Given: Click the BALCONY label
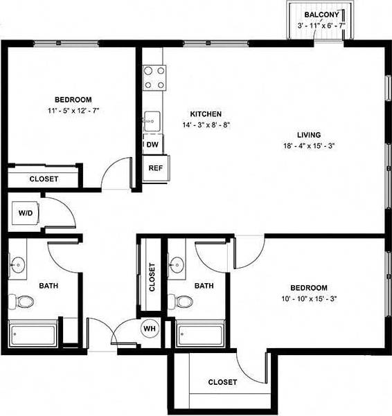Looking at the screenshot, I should [320, 15].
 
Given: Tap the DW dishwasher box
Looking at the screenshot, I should [152, 145].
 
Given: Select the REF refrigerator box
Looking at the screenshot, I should [155, 168].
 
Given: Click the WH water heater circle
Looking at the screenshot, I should [150, 329].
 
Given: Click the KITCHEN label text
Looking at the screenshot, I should [206, 114].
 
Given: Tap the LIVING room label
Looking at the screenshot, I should [309, 135].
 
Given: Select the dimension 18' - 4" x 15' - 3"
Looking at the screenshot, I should [309, 146].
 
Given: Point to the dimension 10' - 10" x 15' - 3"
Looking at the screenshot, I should [309, 299].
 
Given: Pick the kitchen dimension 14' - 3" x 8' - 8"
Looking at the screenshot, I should [206, 125].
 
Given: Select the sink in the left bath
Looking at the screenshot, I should [19, 264].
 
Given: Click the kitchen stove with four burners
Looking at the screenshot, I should [154, 77].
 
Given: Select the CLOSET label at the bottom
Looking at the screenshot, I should [222, 382].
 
